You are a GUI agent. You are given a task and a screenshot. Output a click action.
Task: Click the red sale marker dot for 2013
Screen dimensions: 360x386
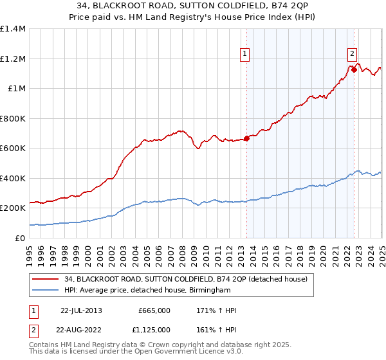coord(246,138)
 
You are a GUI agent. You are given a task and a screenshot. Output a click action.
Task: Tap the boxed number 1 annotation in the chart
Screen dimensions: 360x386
coord(246,54)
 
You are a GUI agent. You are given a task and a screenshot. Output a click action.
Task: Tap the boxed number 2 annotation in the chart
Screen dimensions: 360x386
coord(353,54)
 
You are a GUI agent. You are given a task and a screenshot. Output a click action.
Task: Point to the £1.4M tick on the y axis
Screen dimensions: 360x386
coord(14,29)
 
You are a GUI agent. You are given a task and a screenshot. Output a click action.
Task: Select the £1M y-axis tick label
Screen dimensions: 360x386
coord(16,89)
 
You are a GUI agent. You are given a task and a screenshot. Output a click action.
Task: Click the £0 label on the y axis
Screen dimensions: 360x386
coord(19,238)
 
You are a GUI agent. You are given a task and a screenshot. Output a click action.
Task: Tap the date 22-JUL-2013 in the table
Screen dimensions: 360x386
coord(81,310)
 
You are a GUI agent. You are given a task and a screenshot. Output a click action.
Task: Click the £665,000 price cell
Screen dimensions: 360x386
coord(154,310)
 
